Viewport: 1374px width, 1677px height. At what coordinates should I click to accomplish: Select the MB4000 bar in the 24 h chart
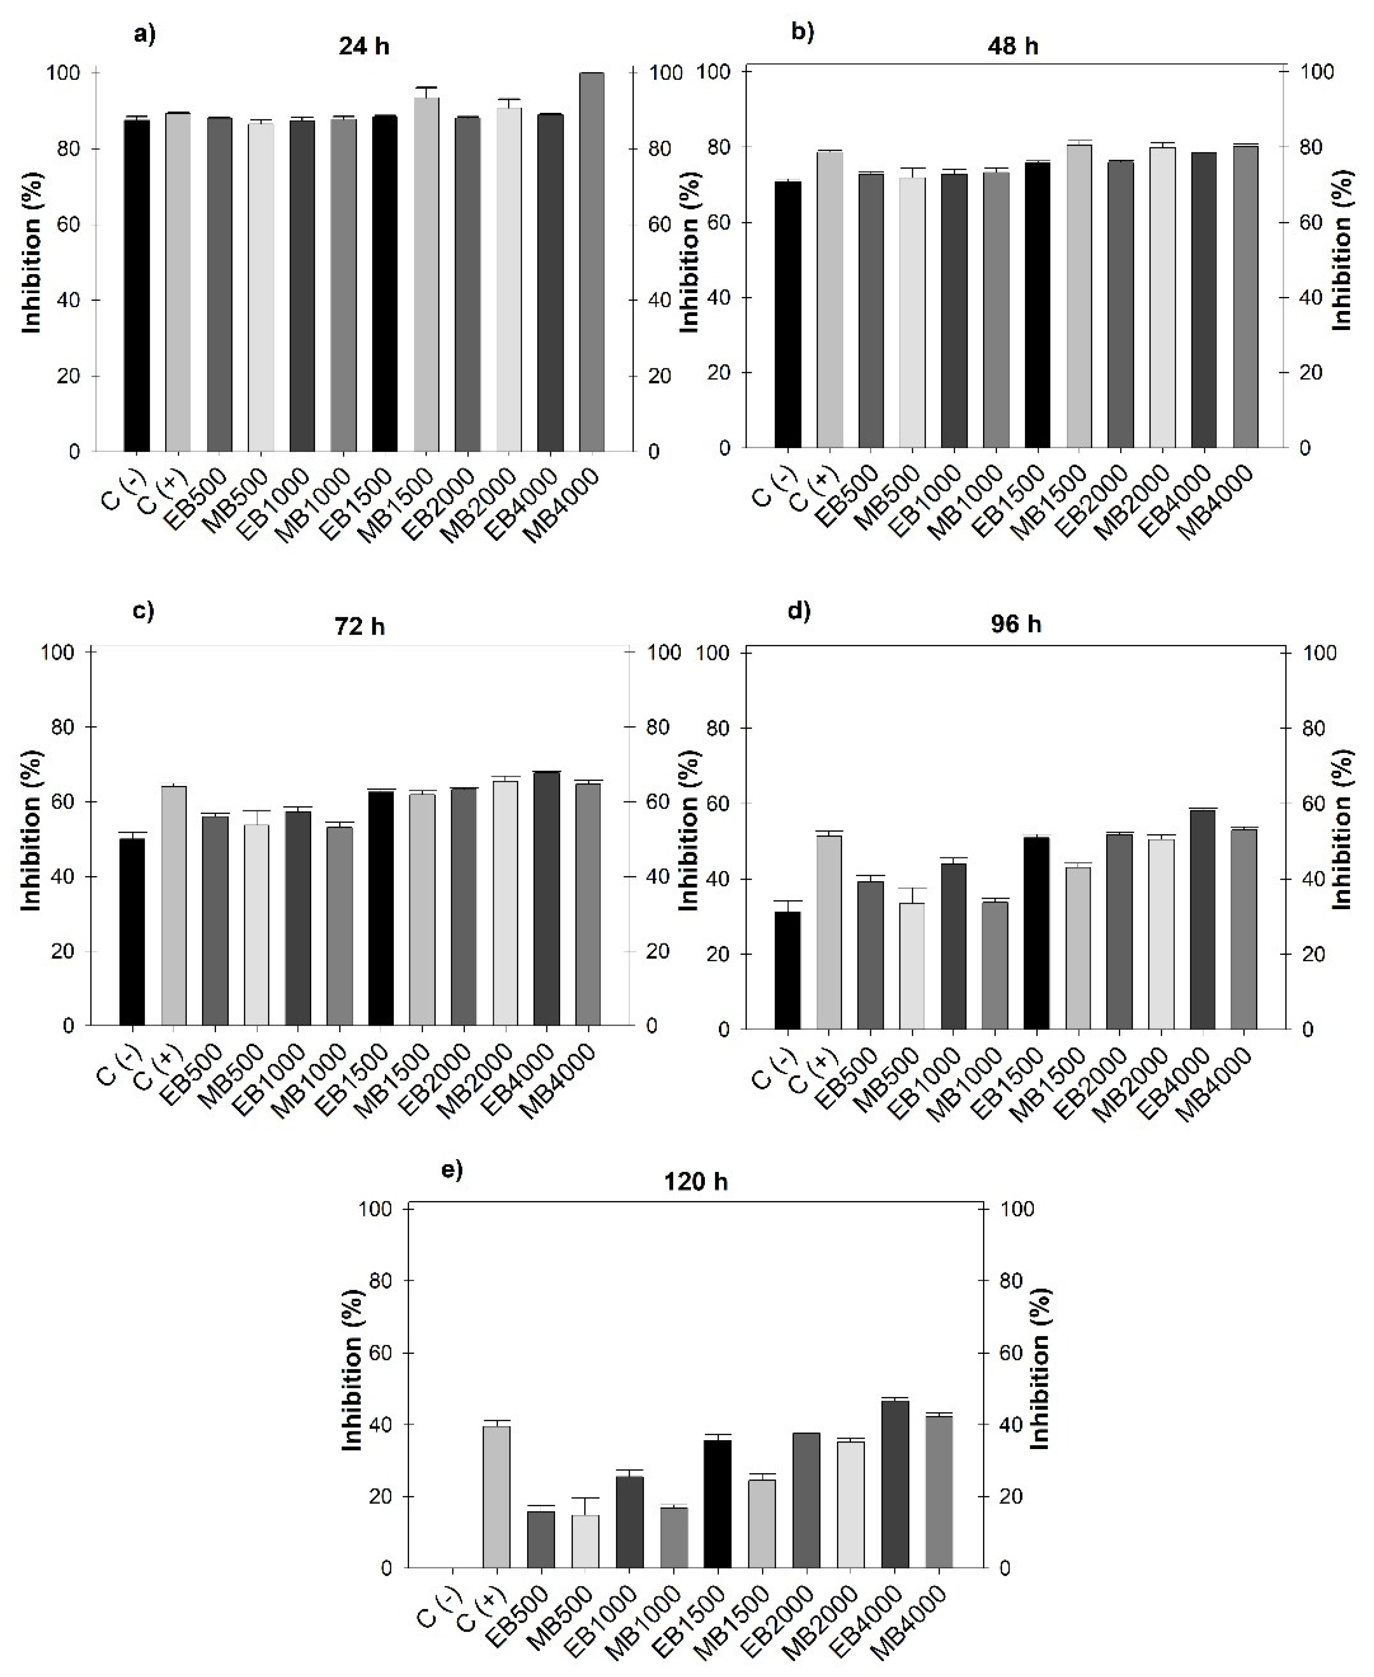(x=591, y=261)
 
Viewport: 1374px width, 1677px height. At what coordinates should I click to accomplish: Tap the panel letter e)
(x=452, y=1170)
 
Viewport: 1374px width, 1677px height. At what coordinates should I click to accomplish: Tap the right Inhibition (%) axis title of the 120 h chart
(x=1041, y=1368)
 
